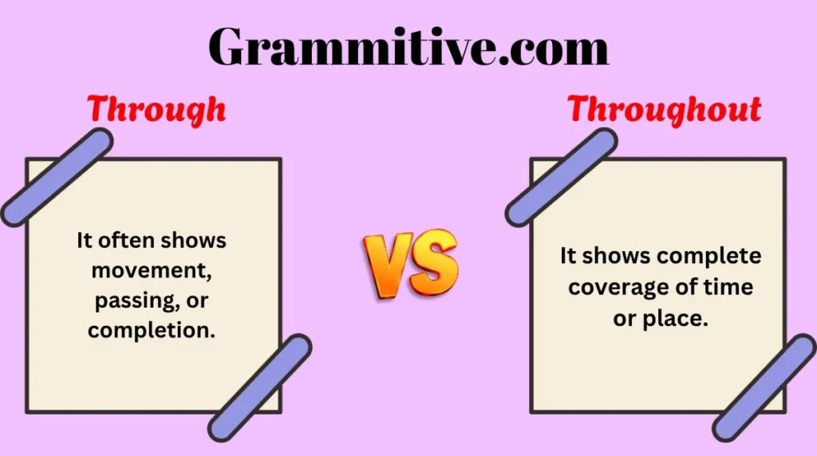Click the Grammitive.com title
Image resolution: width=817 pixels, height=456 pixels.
tap(408, 48)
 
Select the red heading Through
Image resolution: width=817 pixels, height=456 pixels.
tap(156, 110)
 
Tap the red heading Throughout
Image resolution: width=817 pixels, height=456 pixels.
tap(664, 110)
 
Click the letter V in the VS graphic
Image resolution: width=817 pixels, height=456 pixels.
tap(389, 264)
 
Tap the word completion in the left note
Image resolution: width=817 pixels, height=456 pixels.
tap(152, 329)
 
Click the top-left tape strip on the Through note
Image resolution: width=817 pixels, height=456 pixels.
tap(56, 177)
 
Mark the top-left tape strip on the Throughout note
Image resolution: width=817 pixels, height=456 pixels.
tap(561, 177)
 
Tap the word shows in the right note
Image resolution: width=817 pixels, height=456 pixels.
tap(615, 257)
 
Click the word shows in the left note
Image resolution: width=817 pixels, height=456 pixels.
tap(194, 240)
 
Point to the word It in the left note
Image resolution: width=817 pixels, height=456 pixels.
tap(85, 240)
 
